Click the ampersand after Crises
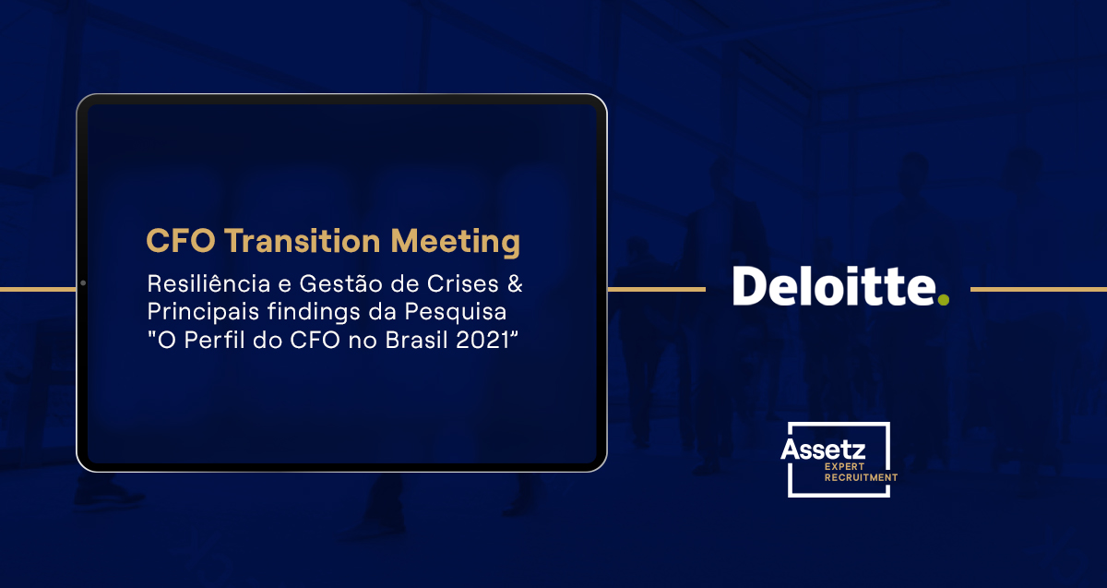pos(516,282)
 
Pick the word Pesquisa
pos(458,311)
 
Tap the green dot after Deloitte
pos(942,299)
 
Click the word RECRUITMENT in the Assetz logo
pos(861,478)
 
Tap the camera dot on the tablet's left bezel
pos(82,282)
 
